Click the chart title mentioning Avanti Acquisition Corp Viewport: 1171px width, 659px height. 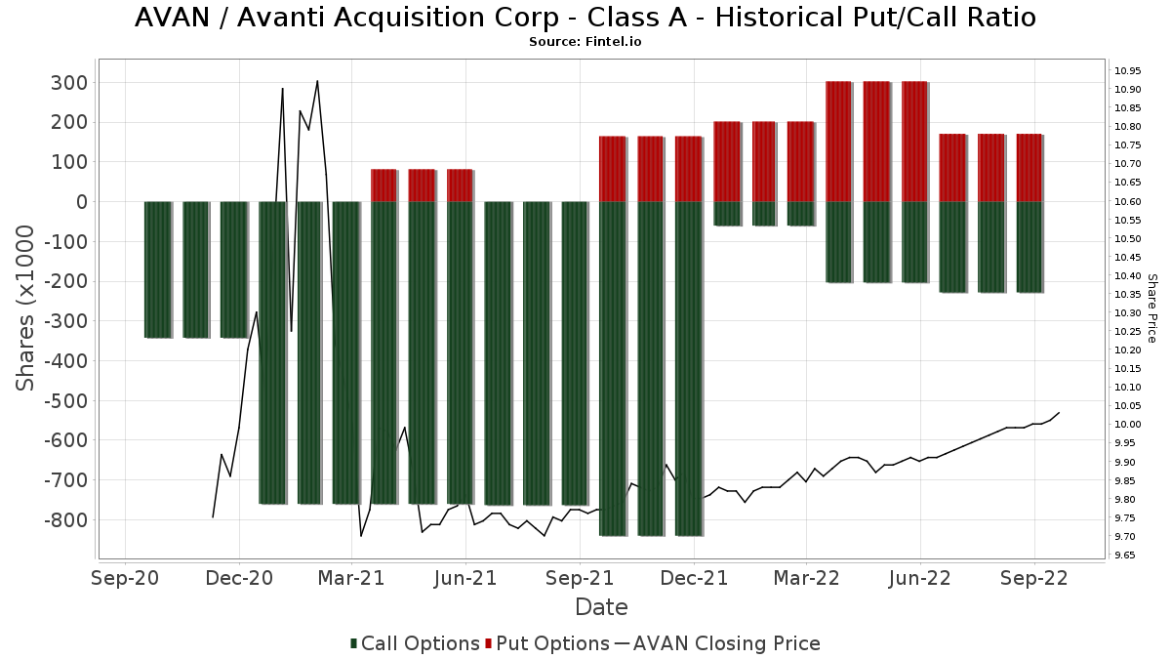coord(585,18)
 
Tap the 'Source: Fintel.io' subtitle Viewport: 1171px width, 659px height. coord(585,42)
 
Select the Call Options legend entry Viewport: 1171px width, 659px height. coord(415,643)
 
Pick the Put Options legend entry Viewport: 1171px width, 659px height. coord(552,643)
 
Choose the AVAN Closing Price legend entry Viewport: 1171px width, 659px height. coord(717,643)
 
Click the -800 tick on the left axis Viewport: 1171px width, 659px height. coord(64,519)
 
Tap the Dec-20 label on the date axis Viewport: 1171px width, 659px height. coord(239,578)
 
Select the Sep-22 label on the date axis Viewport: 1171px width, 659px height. coord(1033,578)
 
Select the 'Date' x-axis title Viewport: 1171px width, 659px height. coord(601,607)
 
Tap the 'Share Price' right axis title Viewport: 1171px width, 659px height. coord(1151,308)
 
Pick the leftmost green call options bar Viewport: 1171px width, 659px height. coord(157,269)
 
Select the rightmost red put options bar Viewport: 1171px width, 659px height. coord(1030,168)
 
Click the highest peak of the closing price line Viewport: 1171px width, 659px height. coord(317,81)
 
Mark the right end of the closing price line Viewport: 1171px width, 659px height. coord(1059,413)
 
